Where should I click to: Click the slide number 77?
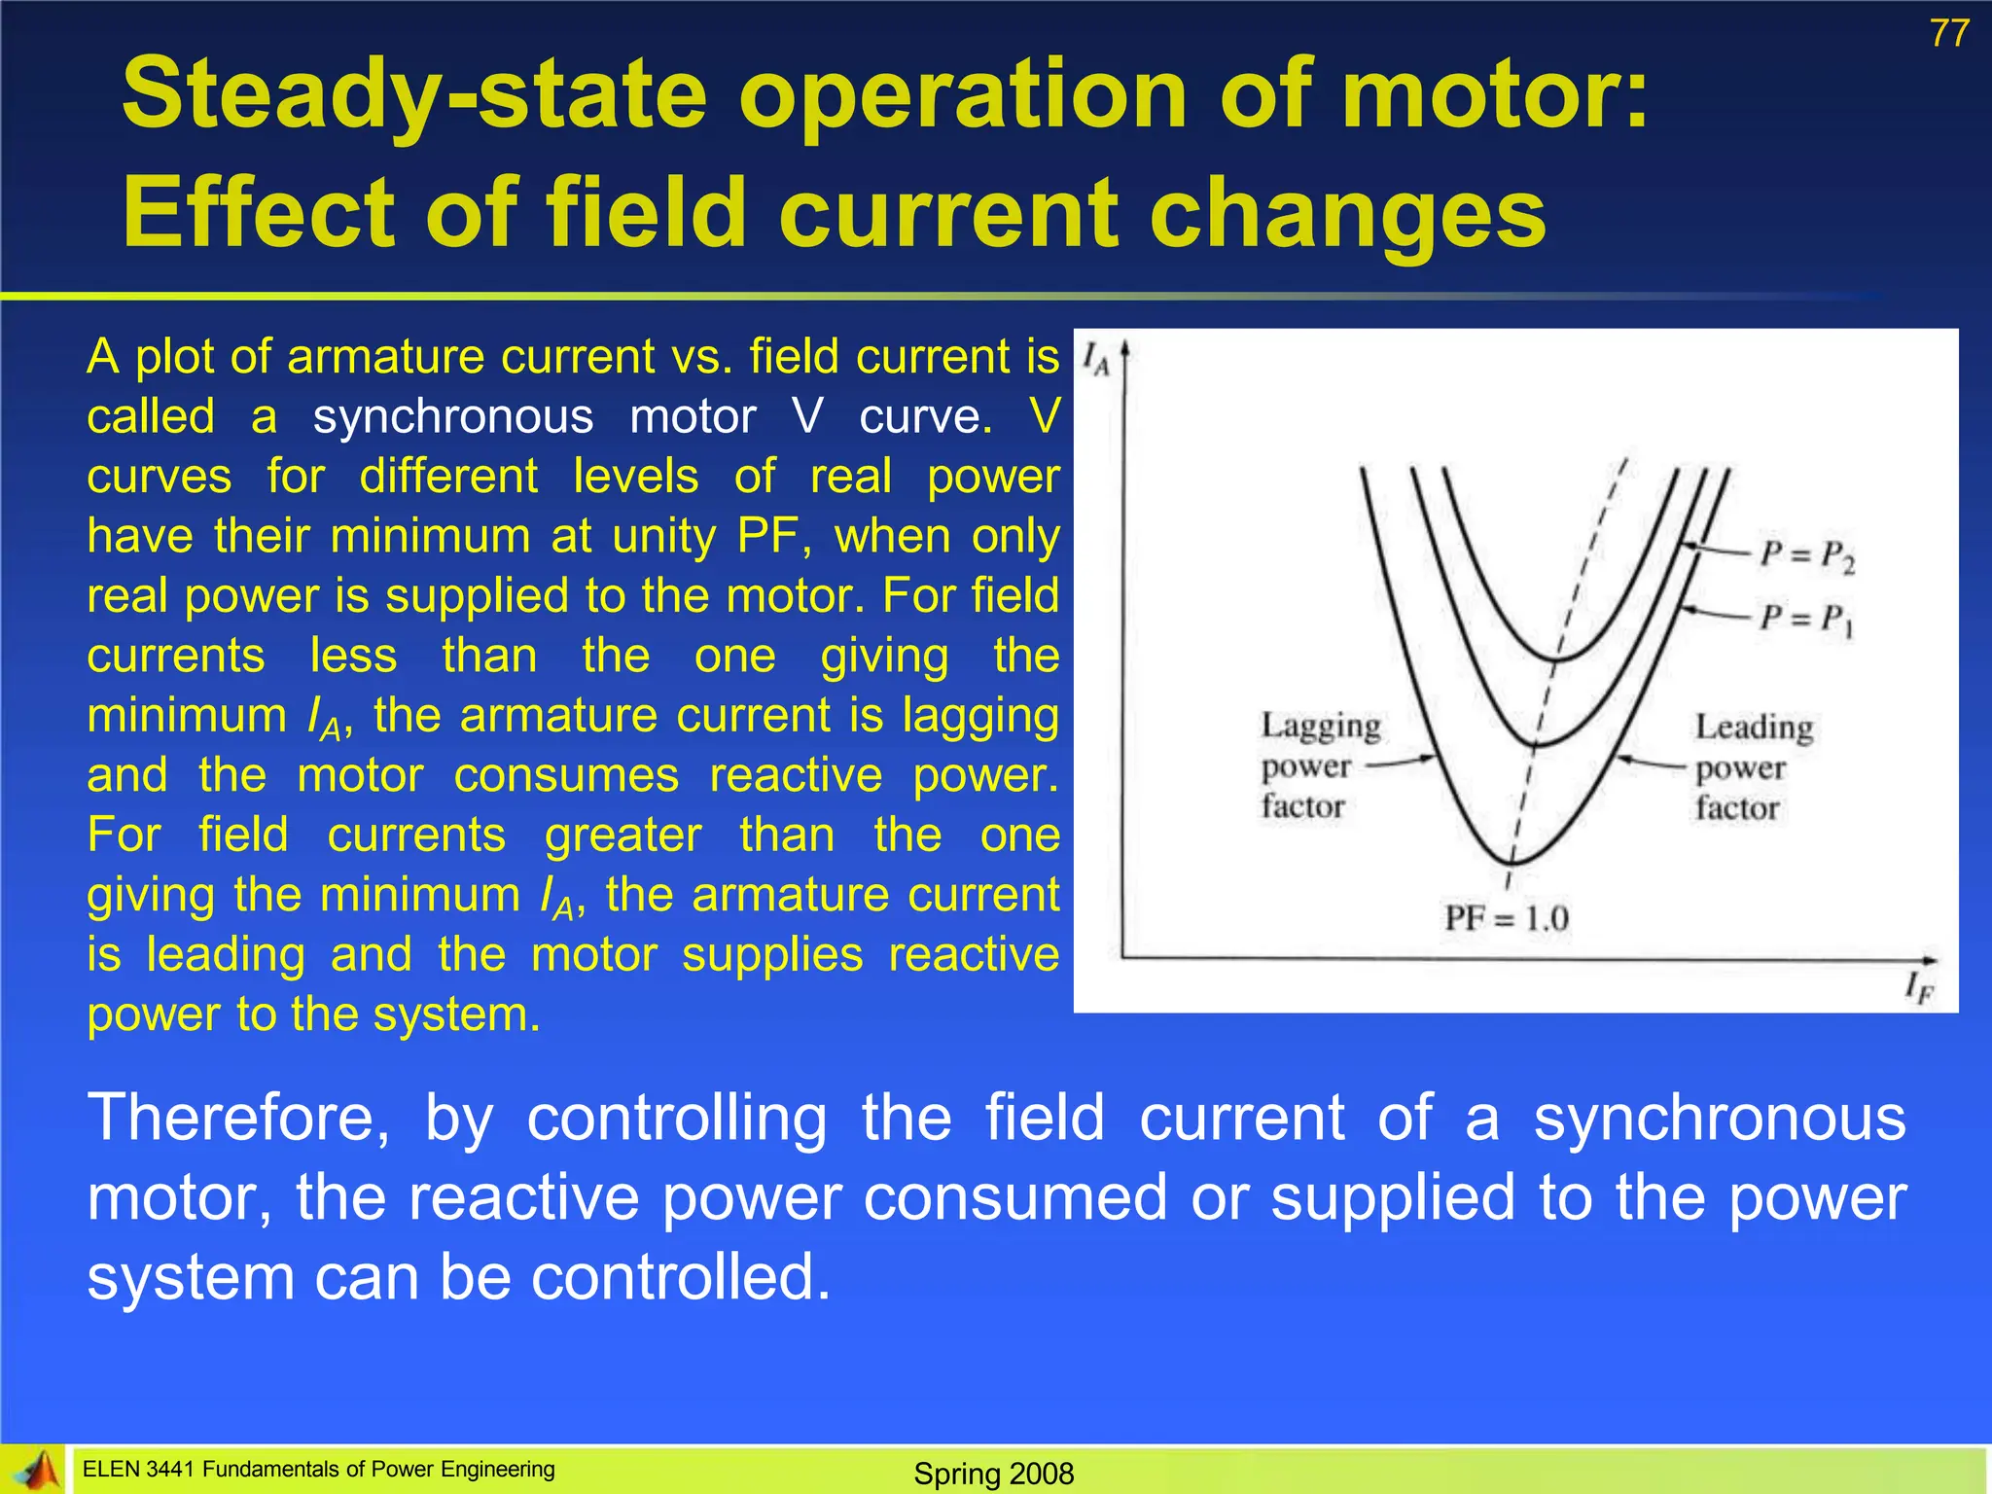click(x=1948, y=35)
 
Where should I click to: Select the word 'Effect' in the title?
click(x=255, y=212)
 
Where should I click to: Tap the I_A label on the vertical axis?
click(x=1095, y=360)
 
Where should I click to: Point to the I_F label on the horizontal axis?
click(x=1919, y=989)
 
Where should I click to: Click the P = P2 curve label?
click(x=1807, y=556)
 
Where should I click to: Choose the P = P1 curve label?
click(x=1807, y=619)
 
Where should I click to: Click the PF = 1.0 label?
click(x=1506, y=918)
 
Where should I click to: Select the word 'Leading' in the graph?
click(x=1754, y=728)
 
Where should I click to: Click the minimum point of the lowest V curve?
click(x=1512, y=862)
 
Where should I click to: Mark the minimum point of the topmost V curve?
click(x=1556, y=660)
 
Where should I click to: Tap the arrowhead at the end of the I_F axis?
click(x=1930, y=961)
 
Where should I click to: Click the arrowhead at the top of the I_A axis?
click(x=1125, y=347)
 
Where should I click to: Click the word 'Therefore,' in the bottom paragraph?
click(x=238, y=1118)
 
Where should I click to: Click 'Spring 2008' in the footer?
click(x=993, y=1474)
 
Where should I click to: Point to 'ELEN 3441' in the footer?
click(x=139, y=1470)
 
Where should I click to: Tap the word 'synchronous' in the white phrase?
click(x=452, y=417)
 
